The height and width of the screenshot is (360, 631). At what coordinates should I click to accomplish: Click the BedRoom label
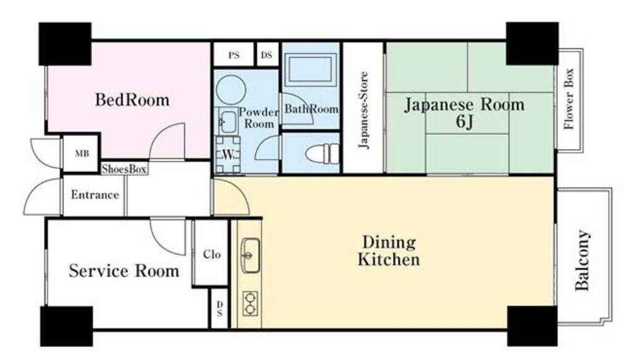pyautogui.click(x=132, y=100)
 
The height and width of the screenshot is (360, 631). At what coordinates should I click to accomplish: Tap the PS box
pyautogui.click(x=233, y=55)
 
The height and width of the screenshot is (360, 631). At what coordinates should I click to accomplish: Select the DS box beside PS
pyautogui.click(x=267, y=55)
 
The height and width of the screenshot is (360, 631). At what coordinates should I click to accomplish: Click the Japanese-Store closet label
pyautogui.click(x=364, y=111)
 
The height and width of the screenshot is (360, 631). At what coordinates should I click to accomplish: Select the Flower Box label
pyautogui.click(x=569, y=99)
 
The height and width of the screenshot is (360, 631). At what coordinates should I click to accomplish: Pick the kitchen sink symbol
pyautogui.click(x=251, y=254)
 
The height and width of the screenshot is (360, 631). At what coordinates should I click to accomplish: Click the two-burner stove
pyautogui.click(x=250, y=303)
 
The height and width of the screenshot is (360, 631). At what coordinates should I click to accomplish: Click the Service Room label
pyautogui.click(x=124, y=271)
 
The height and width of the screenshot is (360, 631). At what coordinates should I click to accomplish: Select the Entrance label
pyautogui.click(x=94, y=195)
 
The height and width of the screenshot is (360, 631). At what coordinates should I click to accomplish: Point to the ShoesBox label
pyautogui.click(x=124, y=169)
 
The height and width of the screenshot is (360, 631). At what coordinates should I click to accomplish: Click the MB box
pyautogui.click(x=82, y=153)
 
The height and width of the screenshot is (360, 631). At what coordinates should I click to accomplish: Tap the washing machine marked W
pyautogui.click(x=228, y=153)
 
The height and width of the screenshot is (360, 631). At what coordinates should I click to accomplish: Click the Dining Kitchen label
pyautogui.click(x=388, y=250)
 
